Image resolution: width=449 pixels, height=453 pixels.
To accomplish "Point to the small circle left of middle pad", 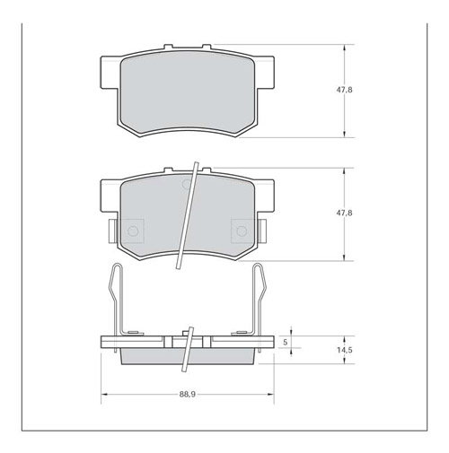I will [x=133, y=231].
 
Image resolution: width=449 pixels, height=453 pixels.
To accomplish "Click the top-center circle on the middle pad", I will [x=187, y=186].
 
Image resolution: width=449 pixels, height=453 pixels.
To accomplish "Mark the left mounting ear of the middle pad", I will [x=106, y=196].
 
